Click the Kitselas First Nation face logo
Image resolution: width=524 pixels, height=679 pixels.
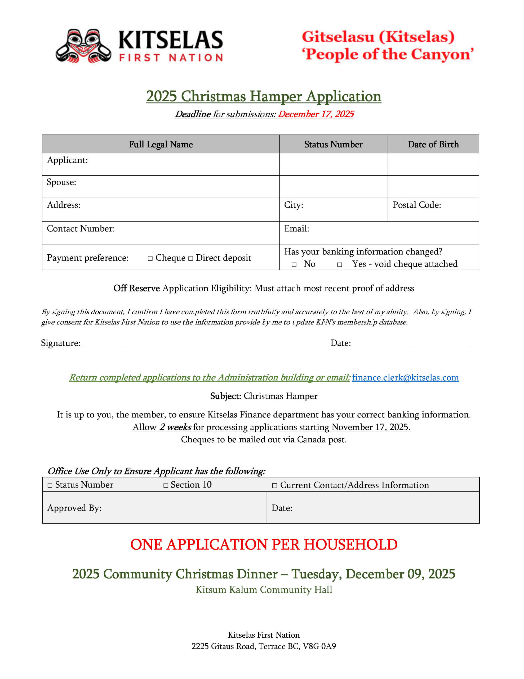click(83, 46)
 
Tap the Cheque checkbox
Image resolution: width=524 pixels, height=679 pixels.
click(150, 258)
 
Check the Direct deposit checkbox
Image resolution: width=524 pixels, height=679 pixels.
click(190, 258)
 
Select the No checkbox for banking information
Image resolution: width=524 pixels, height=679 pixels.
click(294, 265)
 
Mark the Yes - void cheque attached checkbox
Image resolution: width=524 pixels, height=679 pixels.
click(340, 265)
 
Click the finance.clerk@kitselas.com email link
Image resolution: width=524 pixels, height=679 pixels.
click(405, 377)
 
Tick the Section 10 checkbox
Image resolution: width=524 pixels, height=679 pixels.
click(166, 485)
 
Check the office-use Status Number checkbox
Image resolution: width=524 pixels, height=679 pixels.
click(50, 485)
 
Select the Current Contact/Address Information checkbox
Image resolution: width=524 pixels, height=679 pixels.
click(274, 486)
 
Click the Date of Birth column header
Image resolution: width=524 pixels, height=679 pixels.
click(433, 144)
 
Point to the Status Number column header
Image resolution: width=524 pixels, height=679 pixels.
click(333, 144)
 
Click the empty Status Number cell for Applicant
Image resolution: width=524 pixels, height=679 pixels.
click(333, 164)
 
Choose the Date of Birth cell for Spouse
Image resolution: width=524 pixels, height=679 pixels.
click(433, 186)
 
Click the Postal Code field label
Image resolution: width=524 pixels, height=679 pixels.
click(416, 205)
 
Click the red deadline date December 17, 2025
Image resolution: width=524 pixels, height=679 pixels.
click(316, 114)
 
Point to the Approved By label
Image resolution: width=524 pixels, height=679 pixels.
click(74, 508)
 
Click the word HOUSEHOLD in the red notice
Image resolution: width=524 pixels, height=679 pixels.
click(350, 544)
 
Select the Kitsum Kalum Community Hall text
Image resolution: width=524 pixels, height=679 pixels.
click(264, 590)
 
